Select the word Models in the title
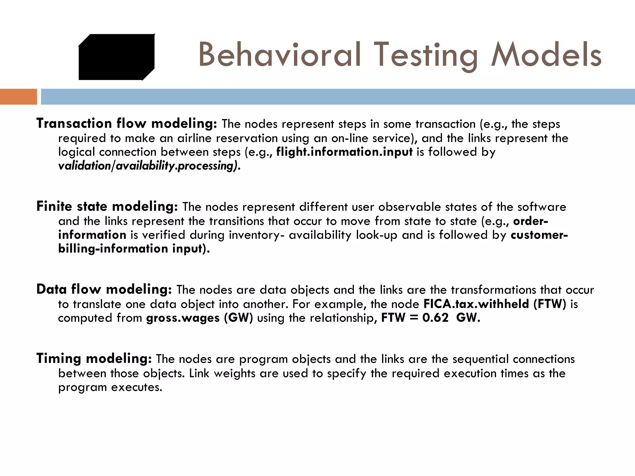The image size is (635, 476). (546, 55)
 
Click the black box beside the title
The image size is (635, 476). (116, 57)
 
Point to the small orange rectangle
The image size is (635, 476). (18, 97)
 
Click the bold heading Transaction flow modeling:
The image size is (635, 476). (127, 123)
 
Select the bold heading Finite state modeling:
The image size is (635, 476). (107, 206)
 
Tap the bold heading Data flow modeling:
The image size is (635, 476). (104, 289)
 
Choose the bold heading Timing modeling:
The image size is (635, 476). (94, 359)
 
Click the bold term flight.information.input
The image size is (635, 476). (344, 152)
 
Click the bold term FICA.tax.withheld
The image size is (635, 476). (476, 304)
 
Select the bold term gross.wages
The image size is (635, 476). (183, 318)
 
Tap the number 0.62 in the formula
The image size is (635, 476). (435, 318)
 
